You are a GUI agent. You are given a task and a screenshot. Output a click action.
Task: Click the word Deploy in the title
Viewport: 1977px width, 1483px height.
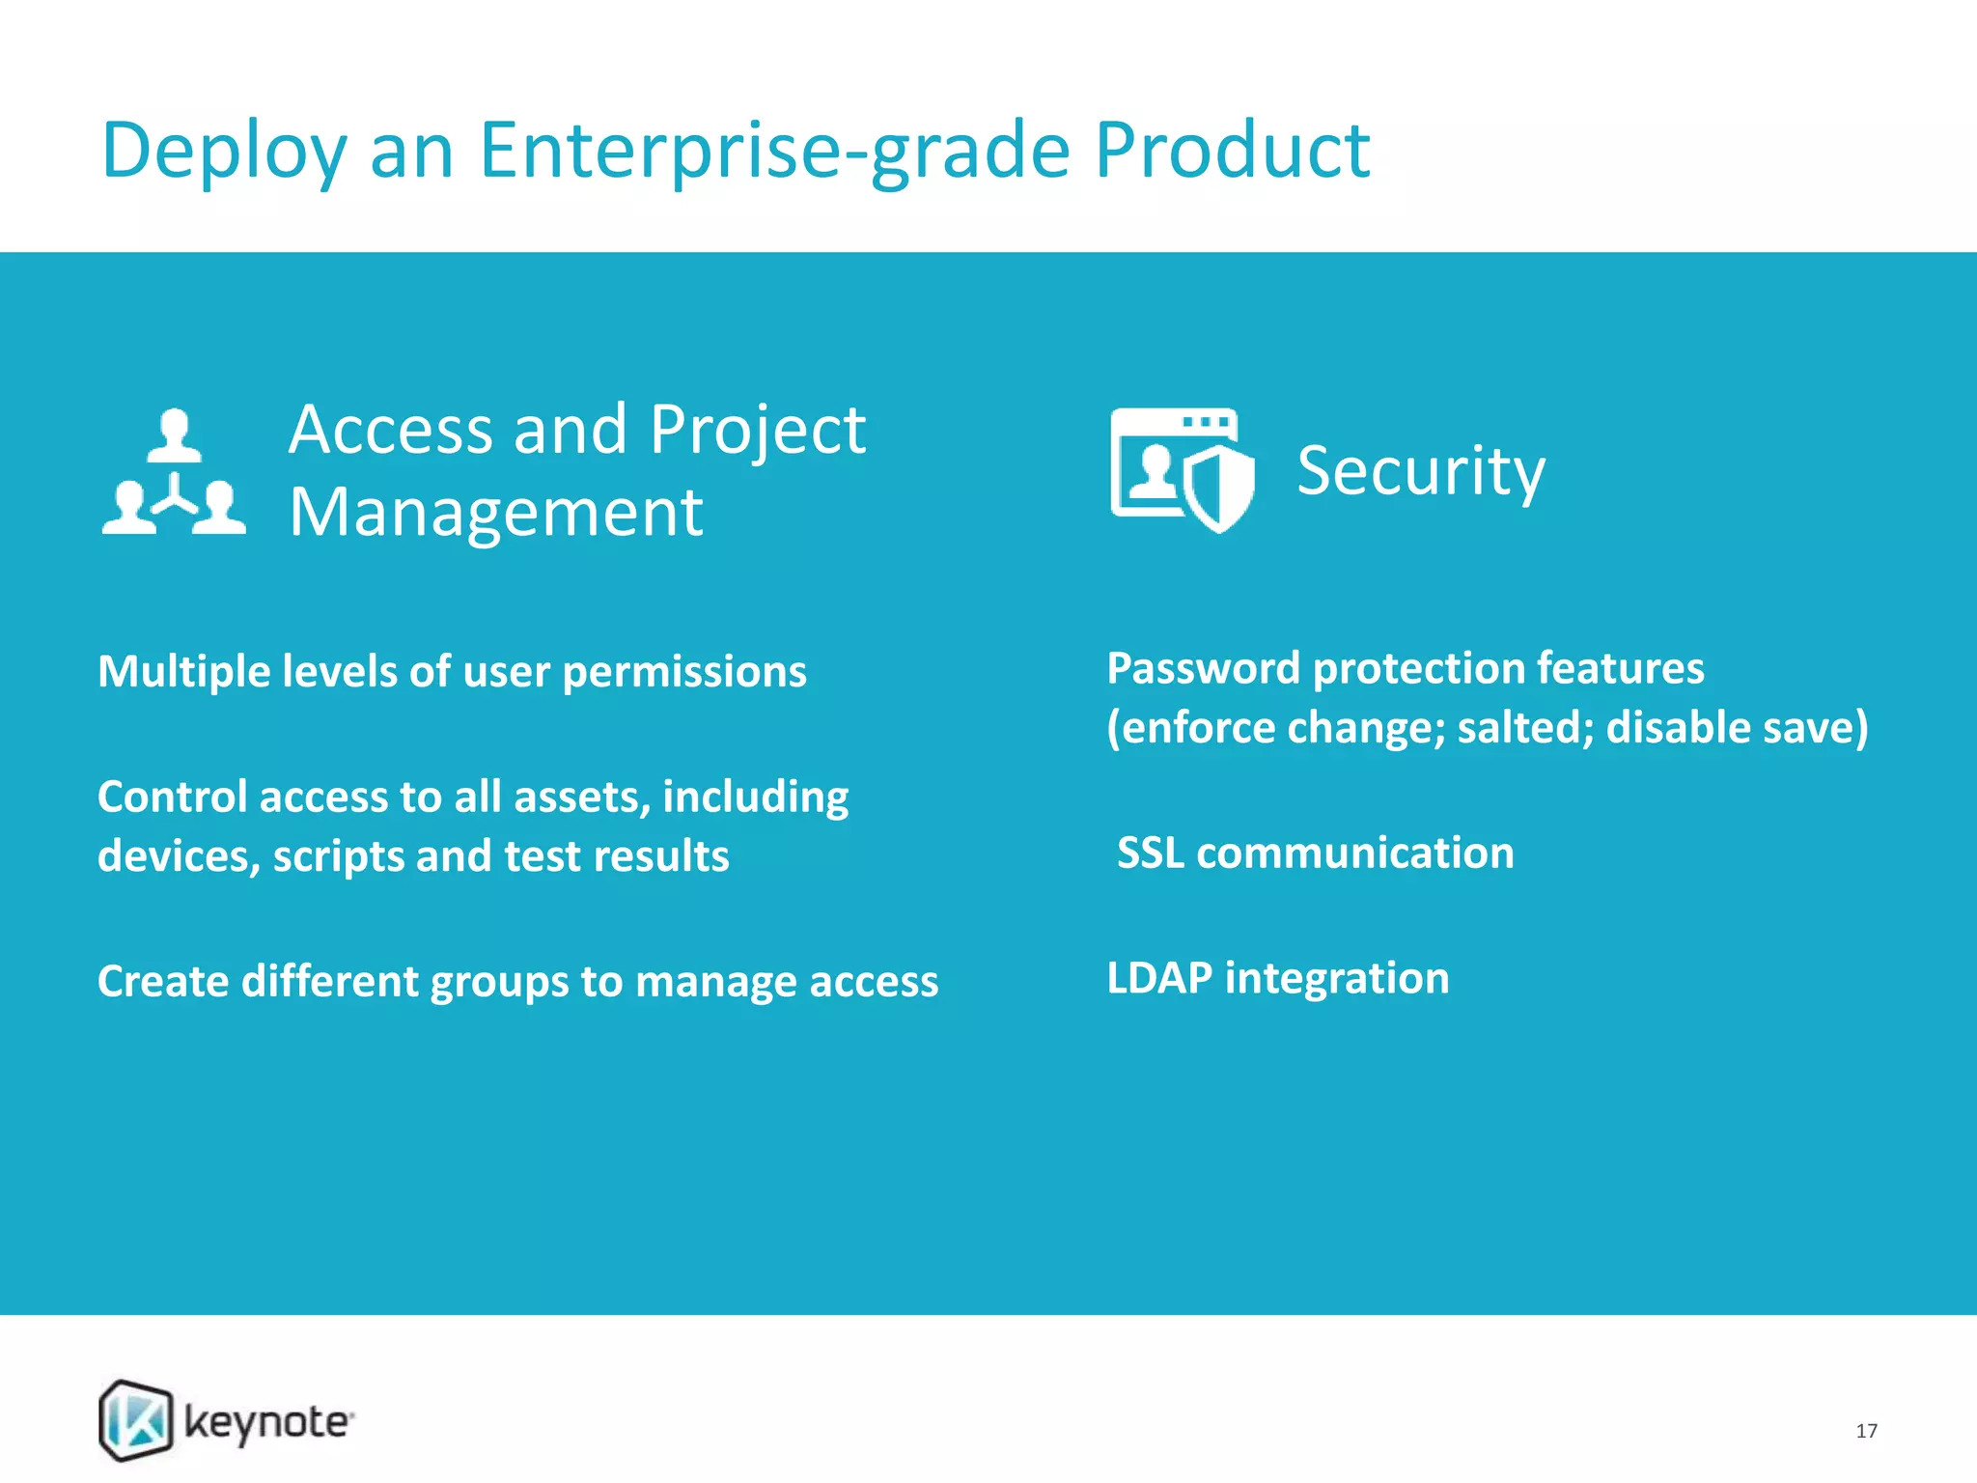coord(223,152)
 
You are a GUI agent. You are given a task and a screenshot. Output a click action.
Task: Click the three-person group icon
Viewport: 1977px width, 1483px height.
coord(174,472)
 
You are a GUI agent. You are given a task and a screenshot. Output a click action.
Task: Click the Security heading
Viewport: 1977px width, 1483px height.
coord(1420,471)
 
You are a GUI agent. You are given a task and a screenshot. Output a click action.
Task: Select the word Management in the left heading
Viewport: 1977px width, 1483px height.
coord(495,512)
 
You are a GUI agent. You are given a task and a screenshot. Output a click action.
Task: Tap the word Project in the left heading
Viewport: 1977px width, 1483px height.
coord(757,429)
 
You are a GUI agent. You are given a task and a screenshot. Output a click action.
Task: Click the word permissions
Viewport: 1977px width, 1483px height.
coord(683,672)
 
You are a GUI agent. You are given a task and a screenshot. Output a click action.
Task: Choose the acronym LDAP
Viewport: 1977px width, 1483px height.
coord(1158,978)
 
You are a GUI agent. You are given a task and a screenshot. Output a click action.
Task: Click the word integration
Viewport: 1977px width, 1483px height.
coord(1337,978)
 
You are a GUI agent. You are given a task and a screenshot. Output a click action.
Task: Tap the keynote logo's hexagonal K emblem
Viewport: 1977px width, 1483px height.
coord(136,1420)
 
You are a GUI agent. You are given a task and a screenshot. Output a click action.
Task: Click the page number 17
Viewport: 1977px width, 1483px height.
coord(1866,1431)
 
